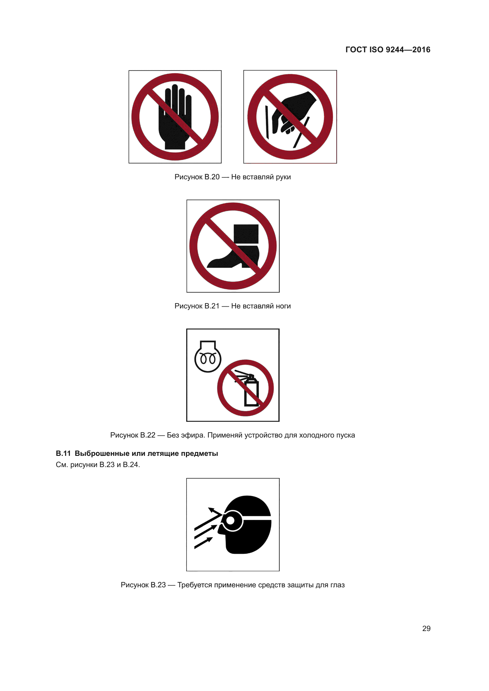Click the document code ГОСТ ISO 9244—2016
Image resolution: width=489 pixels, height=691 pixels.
tap(388, 50)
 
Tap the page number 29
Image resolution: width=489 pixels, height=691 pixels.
tap(426, 628)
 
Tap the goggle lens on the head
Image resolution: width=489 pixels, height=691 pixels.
tap(231, 520)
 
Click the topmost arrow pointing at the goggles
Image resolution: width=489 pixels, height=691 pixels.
tap(209, 519)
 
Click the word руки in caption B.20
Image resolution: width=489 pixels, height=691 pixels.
tap(283, 177)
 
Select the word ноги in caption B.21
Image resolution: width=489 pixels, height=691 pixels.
tap(283, 306)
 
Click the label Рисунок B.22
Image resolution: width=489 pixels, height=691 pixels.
tap(133, 435)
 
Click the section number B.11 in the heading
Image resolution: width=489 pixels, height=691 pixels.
tap(63, 453)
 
